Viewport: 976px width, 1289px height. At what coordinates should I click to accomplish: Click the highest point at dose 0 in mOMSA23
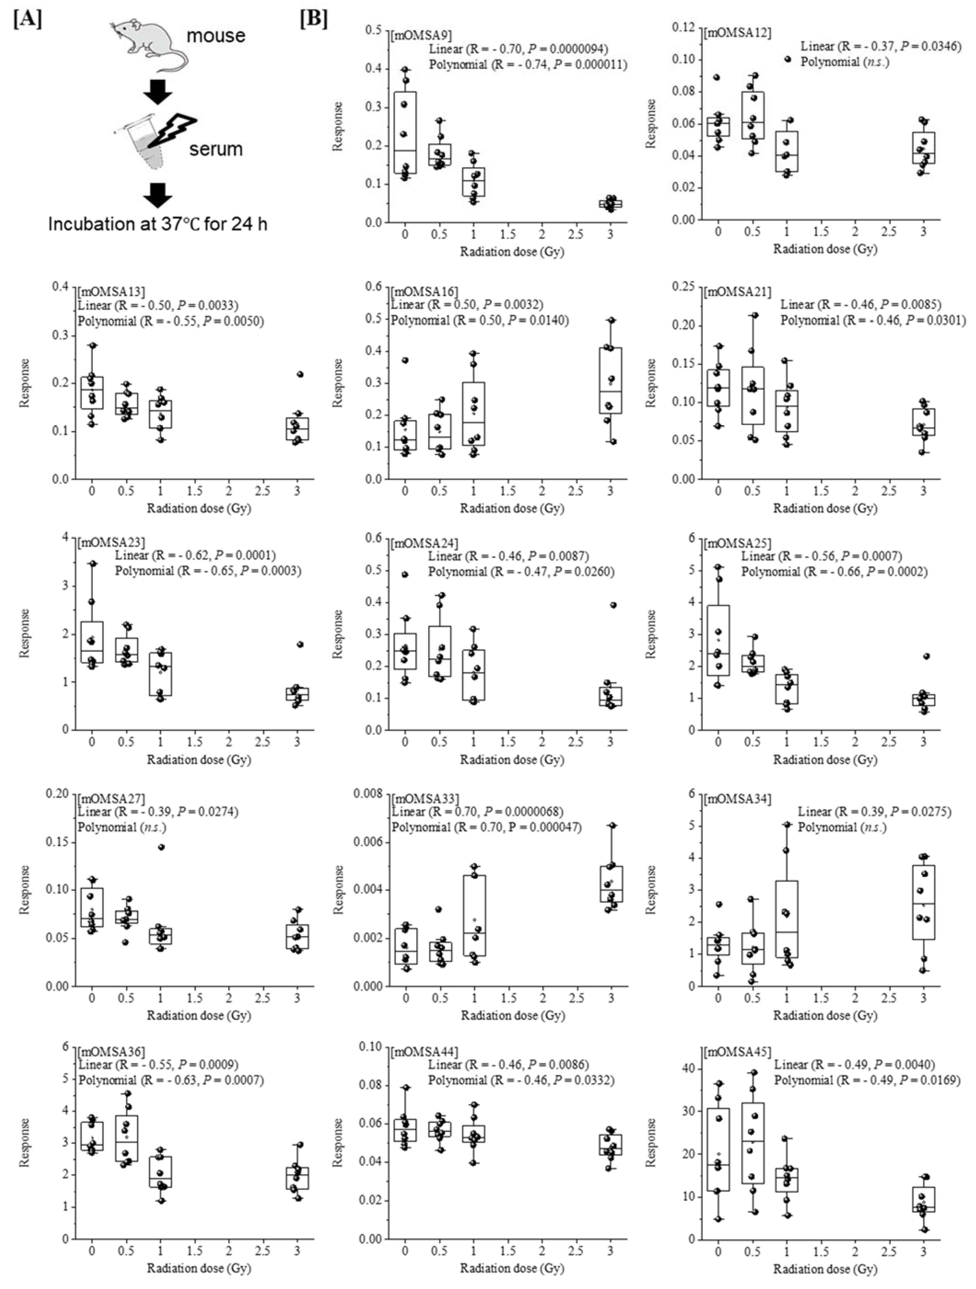coord(92,563)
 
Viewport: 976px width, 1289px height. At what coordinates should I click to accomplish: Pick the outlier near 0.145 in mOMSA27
coord(161,847)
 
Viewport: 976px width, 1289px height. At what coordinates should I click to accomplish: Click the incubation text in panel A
coord(157,224)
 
